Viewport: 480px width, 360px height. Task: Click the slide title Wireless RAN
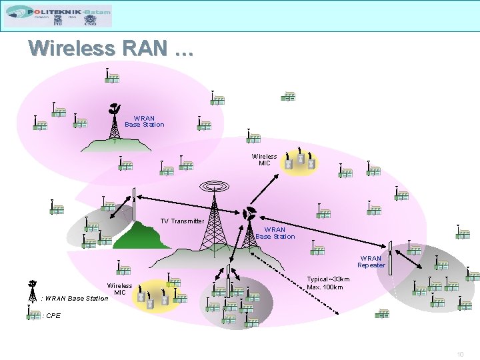pos(111,49)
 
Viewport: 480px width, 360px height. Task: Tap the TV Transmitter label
pos(182,221)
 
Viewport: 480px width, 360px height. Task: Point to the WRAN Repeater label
pos(371,261)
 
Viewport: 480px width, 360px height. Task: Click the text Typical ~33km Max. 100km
pos(328,283)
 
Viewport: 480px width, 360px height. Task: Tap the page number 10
pos(460,354)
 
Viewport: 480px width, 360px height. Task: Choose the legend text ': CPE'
pos(51,316)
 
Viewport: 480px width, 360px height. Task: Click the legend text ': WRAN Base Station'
pos(75,298)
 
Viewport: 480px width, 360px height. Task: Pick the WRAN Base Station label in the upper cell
pos(144,121)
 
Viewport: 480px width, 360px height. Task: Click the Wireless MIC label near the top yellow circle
pos(264,159)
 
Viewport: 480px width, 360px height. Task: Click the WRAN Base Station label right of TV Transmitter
pos(275,233)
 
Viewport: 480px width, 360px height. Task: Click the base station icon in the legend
pos(32,291)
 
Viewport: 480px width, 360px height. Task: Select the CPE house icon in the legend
pos(33,315)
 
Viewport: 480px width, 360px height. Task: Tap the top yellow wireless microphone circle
pos(299,159)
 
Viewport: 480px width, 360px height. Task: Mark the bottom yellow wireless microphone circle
pos(158,296)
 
